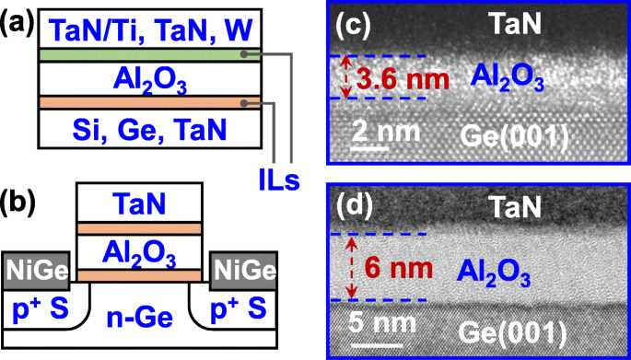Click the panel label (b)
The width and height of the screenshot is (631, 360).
[17, 199]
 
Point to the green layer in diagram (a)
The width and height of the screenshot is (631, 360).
[146, 56]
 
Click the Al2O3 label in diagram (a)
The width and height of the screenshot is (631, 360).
[146, 81]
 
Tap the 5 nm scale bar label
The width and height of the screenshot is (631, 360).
[377, 326]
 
